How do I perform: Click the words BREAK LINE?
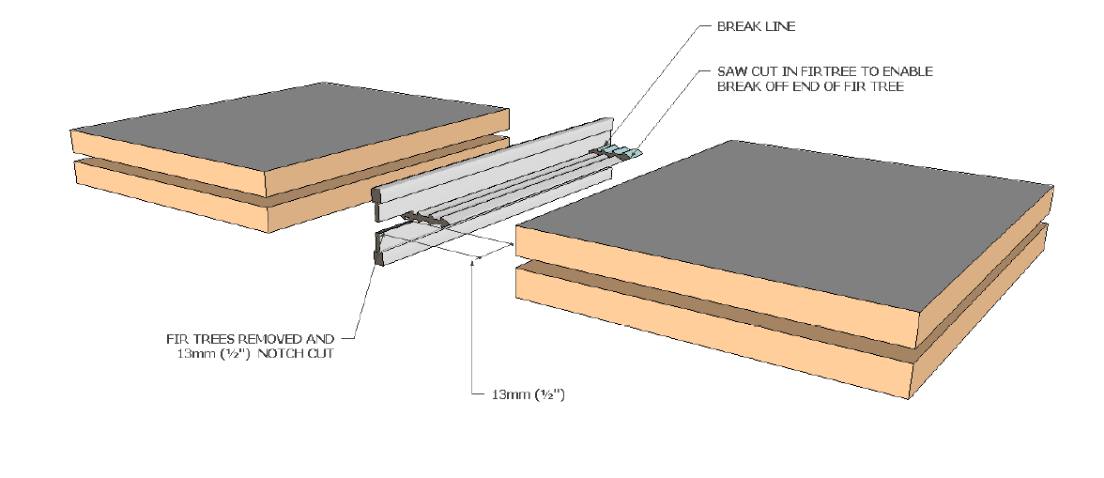(x=756, y=27)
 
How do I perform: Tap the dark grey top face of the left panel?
(x=282, y=131)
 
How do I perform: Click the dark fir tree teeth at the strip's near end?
(x=422, y=220)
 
